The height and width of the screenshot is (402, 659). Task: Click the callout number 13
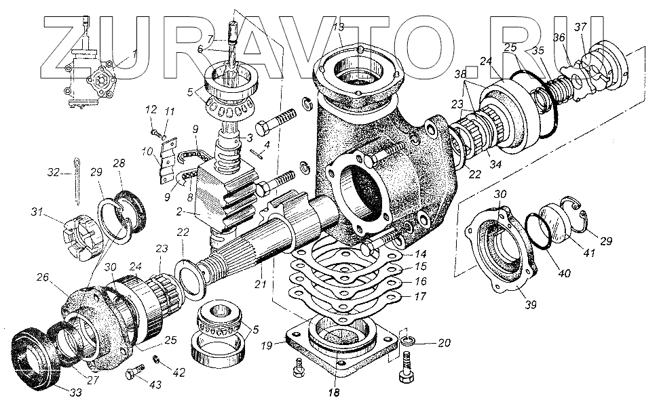pyautogui.click(x=339, y=28)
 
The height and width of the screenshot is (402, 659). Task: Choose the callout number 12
pyautogui.click(x=151, y=110)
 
